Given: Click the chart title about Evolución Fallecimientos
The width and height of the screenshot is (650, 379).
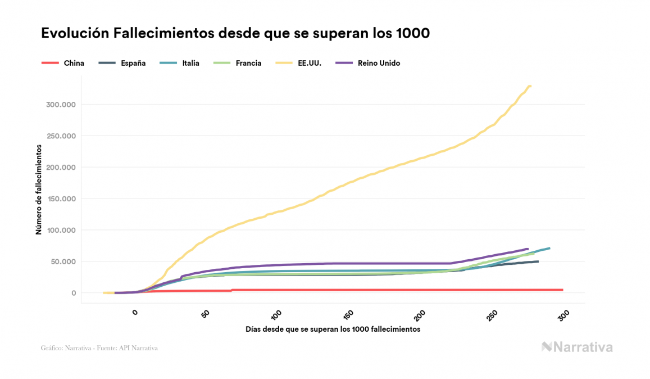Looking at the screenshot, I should pyautogui.click(x=235, y=33).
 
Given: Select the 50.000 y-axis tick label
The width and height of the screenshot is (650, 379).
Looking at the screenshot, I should pyautogui.click(x=61, y=261).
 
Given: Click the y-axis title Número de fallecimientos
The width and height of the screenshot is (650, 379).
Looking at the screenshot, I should pyautogui.click(x=39, y=189).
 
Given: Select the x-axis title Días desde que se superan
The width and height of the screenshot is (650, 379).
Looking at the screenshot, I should pyautogui.click(x=333, y=329).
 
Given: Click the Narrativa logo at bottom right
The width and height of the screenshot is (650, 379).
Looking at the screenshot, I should pyautogui.click(x=577, y=347).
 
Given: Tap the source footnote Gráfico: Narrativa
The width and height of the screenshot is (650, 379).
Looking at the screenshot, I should pyautogui.click(x=99, y=348).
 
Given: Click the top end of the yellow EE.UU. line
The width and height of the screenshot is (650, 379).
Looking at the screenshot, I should pyautogui.click(x=530, y=86).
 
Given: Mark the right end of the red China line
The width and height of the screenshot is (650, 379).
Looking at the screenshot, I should pyautogui.click(x=562, y=290).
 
